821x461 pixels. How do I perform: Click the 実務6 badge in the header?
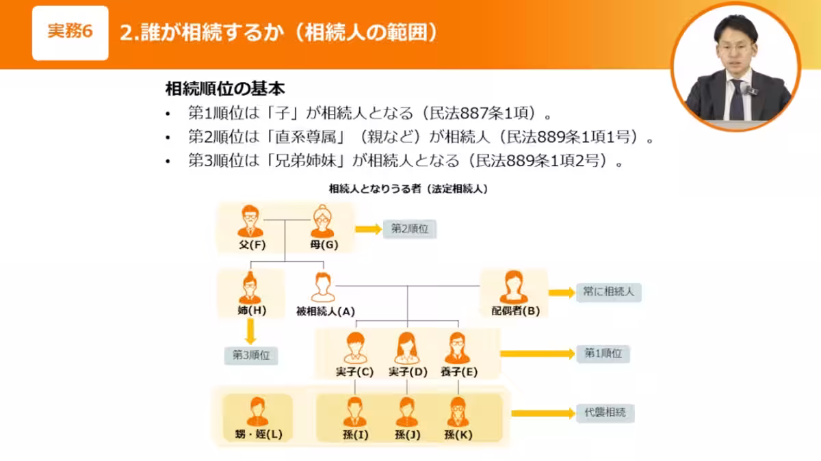coord(70,33)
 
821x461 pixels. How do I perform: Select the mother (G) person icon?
coord(322,222)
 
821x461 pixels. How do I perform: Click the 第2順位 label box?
coord(409,230)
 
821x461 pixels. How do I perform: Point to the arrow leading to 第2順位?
coord(368,230)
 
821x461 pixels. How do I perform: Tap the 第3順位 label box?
coord(251,355)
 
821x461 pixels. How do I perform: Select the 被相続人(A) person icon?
coord(322,287)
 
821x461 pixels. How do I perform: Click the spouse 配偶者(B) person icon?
coord(514,287)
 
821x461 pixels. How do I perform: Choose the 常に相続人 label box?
coord(608,292)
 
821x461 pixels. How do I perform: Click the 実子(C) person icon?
coord(354,347)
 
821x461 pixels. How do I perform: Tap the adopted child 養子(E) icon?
coord(458,347)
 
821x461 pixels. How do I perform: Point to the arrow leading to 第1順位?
coord(537,354)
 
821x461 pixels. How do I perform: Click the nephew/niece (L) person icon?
coord(257,412)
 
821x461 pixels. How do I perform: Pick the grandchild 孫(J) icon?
coord(406,412)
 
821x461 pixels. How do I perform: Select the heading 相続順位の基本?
coord(225,88)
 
